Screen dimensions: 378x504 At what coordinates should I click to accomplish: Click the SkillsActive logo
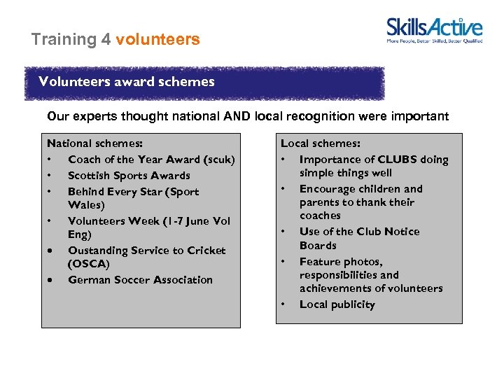[435, 30]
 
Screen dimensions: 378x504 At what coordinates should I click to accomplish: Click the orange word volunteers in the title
[157, 39]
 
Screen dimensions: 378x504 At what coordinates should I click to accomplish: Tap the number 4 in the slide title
[106, 39]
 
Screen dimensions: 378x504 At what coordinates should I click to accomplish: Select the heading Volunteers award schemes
[127, 82]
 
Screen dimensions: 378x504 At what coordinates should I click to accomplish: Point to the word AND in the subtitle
[237, 116]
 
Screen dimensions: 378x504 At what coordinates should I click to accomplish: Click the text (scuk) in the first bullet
[219, 160]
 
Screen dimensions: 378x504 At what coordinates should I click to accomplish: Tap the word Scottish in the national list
[90, 176]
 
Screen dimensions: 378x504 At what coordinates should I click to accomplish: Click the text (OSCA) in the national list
[89, 264]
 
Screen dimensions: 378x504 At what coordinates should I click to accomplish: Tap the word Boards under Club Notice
[318, 246]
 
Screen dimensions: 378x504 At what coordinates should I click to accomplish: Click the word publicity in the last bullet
[353, 304]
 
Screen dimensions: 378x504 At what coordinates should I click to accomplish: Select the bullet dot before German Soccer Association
[50, 280]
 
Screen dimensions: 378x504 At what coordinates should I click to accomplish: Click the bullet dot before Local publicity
[284, 304]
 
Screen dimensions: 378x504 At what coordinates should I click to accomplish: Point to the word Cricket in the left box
[206, 251]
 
